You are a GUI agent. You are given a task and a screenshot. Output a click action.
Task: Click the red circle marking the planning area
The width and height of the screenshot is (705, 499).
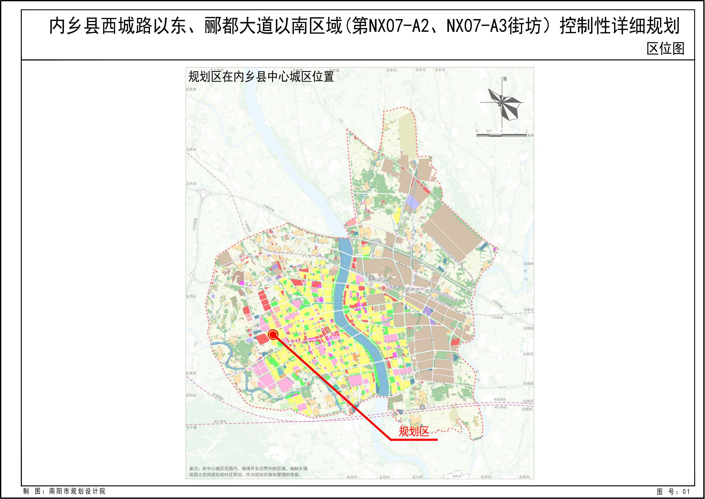coord(273,335)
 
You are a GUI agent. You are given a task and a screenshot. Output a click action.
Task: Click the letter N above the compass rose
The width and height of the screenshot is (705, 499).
coord(505,79)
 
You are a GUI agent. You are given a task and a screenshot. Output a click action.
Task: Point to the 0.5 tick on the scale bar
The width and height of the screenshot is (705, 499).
coord(489,131)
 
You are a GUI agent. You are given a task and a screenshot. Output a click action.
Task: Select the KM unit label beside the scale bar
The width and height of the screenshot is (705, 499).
coord(530,135)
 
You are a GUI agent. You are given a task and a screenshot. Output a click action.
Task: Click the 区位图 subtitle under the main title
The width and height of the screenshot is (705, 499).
coord(665,49)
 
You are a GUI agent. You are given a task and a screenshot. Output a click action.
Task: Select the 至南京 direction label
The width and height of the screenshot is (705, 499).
coord(529,310)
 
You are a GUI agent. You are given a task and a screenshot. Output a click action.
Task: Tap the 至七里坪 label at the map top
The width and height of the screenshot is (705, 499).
coord(217,70)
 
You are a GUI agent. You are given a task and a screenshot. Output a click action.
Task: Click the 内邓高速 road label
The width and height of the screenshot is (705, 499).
coord(195,224)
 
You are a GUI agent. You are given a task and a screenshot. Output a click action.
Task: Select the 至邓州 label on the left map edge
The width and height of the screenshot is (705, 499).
coord(191,297)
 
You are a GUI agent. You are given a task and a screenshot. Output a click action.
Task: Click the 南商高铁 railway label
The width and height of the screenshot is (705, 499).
coord(500,399)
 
